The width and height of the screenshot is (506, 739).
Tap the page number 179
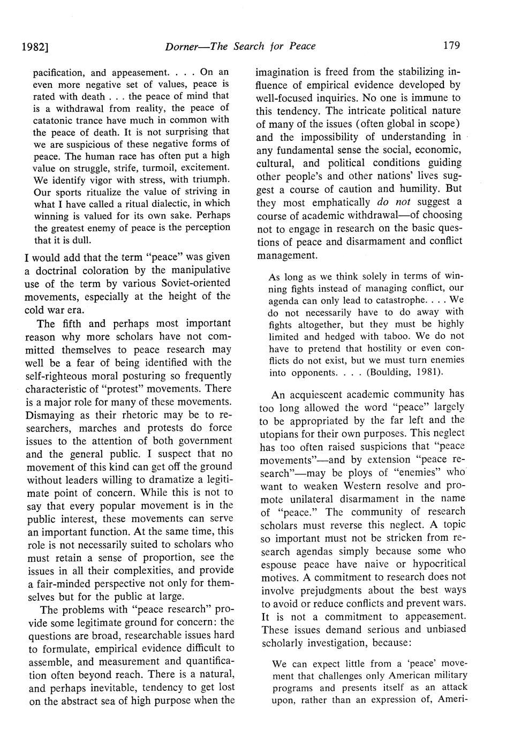click(x=452, y=46)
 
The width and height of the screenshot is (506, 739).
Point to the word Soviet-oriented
click(x=191, y=282)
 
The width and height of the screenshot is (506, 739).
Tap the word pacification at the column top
click(x=59, y=72)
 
